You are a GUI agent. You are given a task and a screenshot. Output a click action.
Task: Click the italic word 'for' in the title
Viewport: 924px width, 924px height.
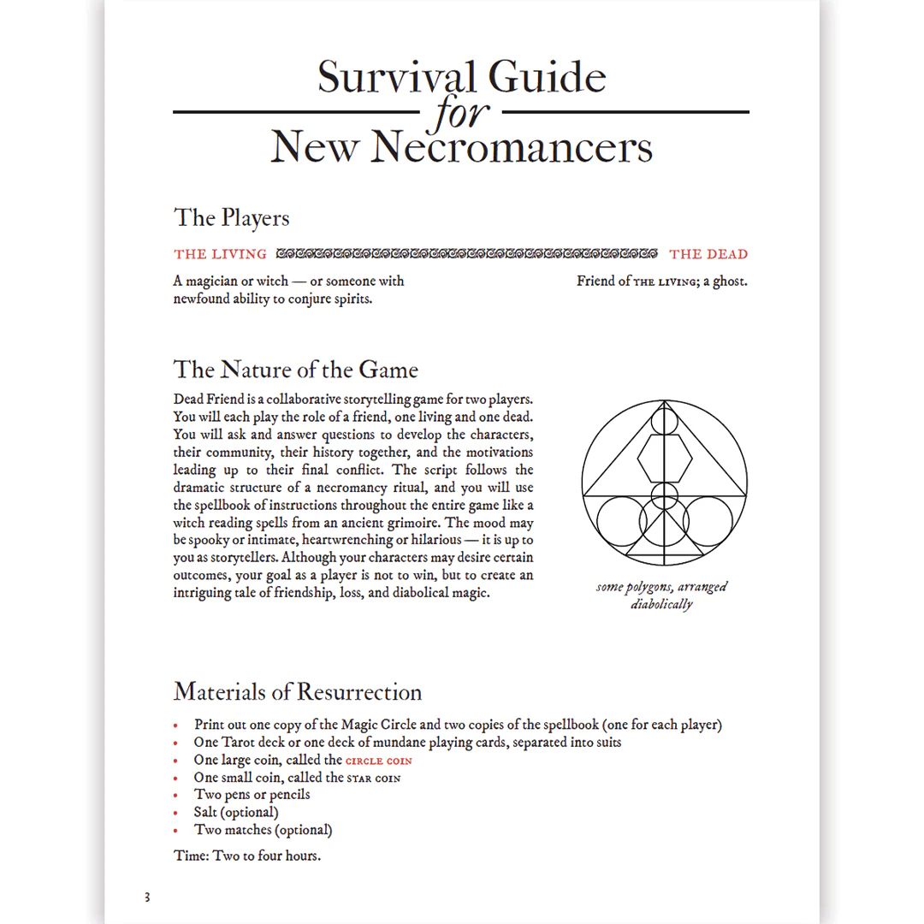point(461,114)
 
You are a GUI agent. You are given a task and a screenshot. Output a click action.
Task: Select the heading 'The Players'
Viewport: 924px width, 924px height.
point(232,217)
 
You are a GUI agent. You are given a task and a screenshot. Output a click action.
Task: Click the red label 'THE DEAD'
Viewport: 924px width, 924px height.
point(708,254)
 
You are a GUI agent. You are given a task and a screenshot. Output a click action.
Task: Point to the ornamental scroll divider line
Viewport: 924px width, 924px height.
point(467,254)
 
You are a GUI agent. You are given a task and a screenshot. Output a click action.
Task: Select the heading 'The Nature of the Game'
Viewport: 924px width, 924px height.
point(296,370)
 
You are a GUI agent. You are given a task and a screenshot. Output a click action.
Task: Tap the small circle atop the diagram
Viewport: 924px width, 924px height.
point(664,421)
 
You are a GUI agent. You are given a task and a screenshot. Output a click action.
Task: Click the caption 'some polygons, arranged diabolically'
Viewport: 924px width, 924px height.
point(662,595)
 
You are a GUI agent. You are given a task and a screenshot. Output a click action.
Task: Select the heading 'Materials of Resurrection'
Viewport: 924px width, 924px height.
point(298,691)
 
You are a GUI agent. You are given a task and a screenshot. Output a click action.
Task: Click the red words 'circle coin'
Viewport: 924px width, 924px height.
point(379,761)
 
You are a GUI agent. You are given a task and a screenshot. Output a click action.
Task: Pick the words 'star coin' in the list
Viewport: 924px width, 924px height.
point(373,778)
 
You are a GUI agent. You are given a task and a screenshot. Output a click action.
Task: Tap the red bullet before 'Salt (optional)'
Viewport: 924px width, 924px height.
point(175,813)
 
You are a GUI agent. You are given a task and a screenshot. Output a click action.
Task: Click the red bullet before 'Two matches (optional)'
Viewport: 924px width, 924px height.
point(175,830)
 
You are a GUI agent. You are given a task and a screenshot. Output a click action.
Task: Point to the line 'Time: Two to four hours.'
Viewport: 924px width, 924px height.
point(247,856)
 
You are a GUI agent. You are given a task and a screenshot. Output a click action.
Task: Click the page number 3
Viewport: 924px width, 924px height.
point(147,897)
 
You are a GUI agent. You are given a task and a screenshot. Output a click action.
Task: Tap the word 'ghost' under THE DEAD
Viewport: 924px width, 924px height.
point(728,281)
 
